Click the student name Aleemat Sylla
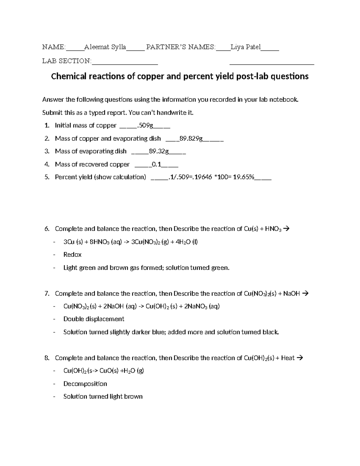pos(105,47)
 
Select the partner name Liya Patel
pos(245,47)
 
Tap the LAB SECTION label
pos(66,61)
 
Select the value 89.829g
pos(190,139)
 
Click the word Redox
pos(72,255)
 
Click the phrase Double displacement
pos(94,319)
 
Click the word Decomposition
pos(85,384)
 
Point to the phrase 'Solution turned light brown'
pos(103,397)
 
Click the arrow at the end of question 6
pos(286,229)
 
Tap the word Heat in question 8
pos(288,358)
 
